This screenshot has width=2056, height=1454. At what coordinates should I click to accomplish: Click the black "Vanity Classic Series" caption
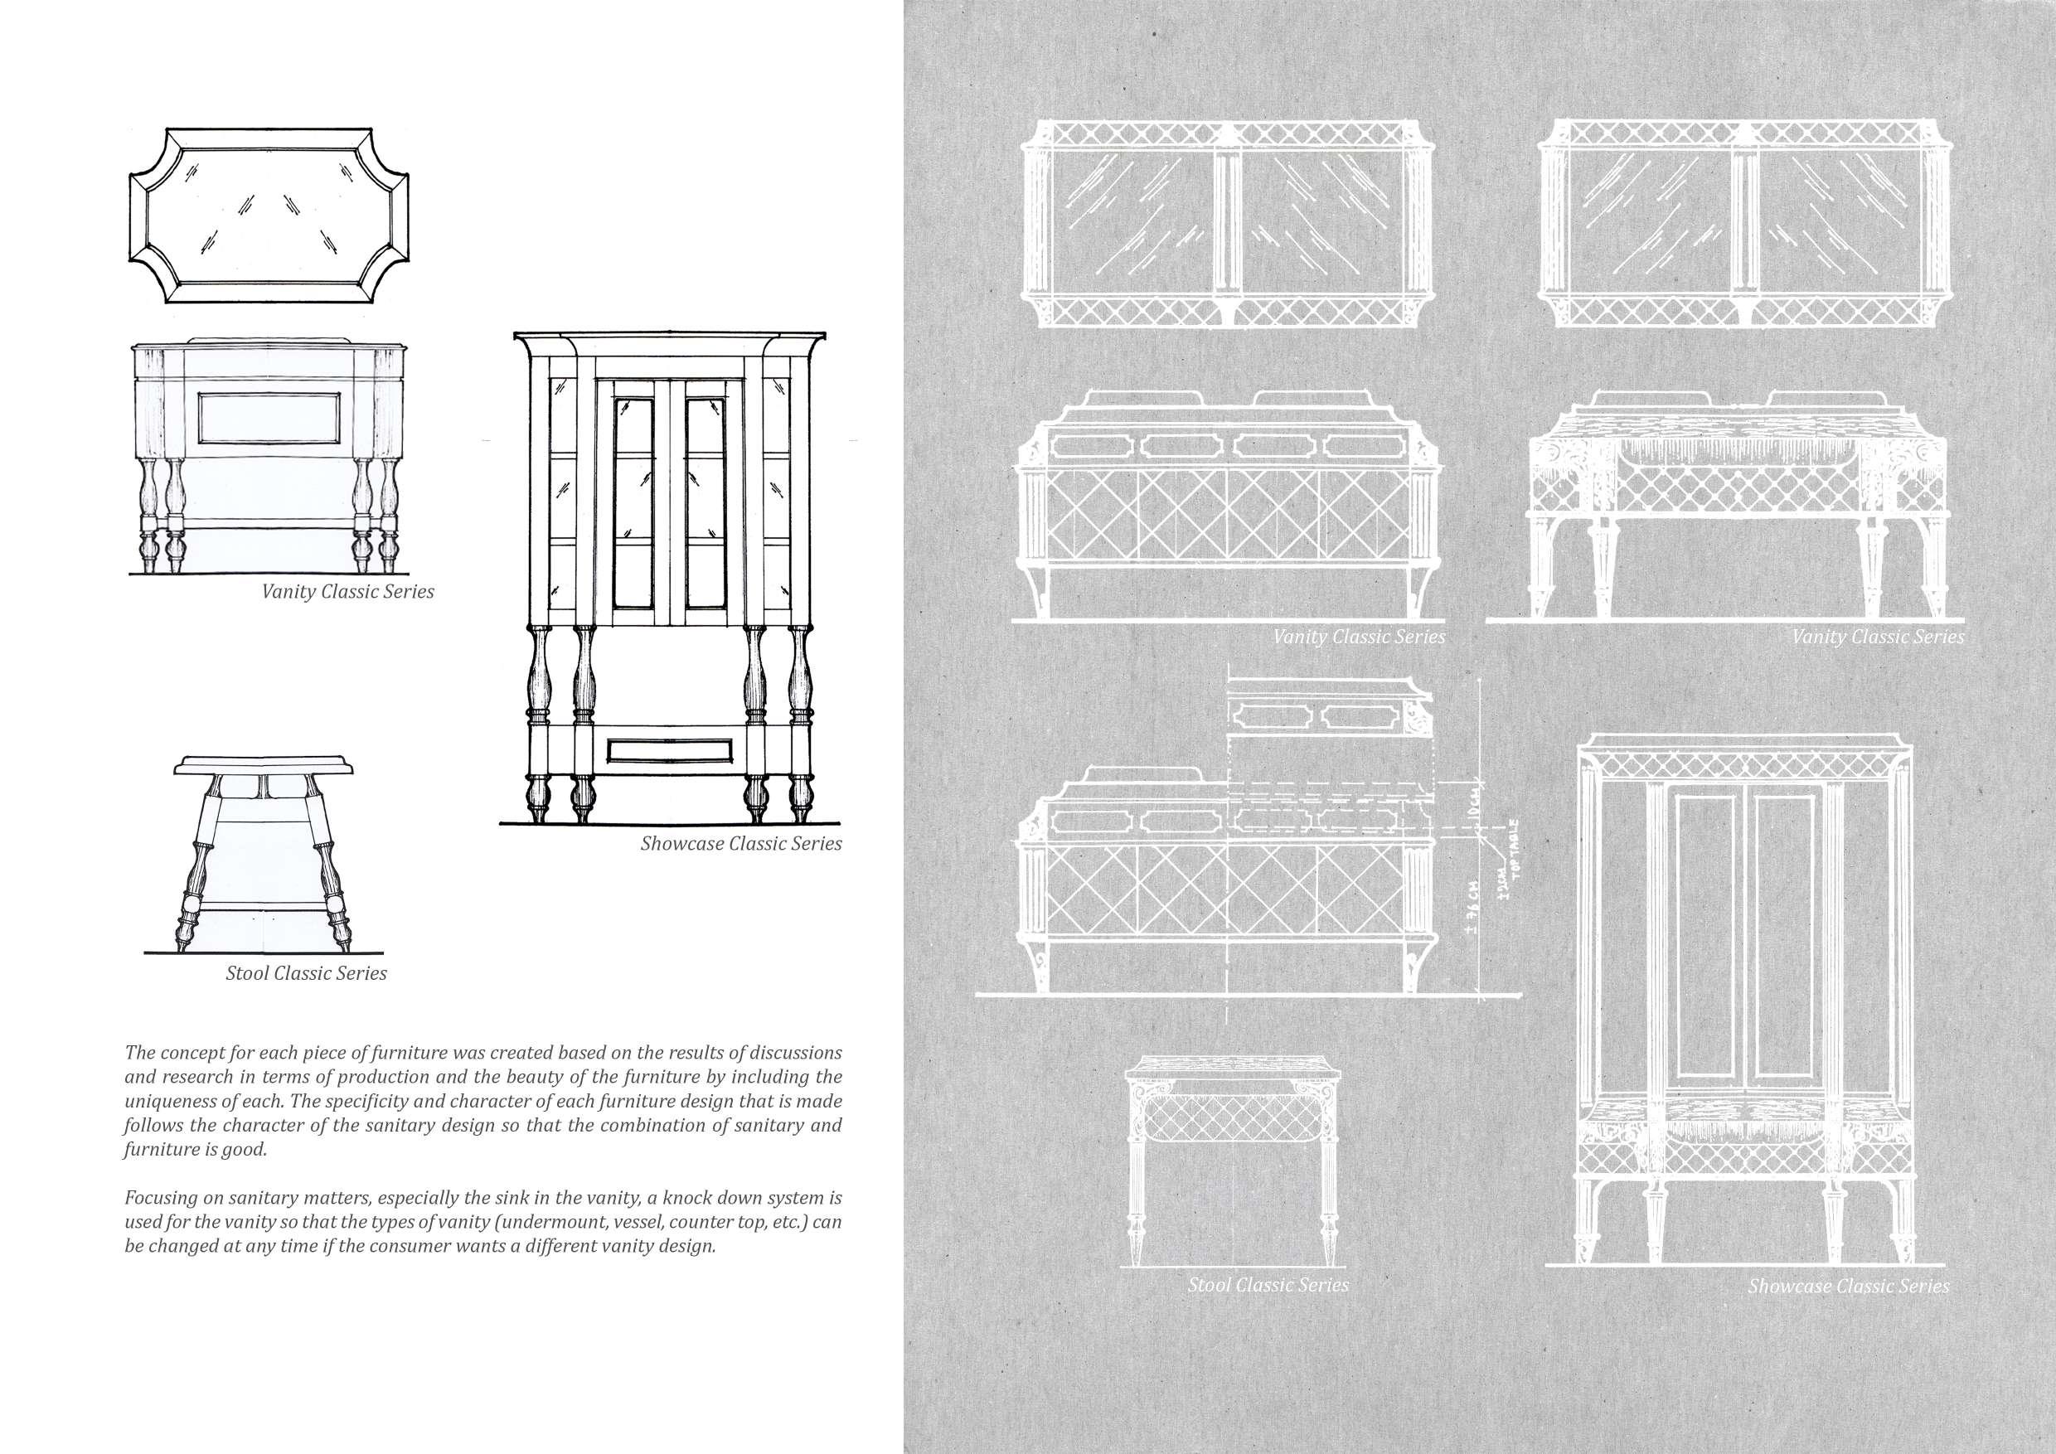347,592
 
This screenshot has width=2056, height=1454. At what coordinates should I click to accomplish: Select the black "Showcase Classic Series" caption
740,843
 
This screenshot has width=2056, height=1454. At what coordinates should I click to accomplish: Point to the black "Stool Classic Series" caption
306,973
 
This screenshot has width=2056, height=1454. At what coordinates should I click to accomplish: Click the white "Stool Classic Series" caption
1268,1285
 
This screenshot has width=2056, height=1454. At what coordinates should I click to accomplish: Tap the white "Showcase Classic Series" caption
1848,1286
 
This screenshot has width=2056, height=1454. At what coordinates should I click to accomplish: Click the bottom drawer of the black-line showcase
670,750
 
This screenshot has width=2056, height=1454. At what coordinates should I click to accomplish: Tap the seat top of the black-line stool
264,765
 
